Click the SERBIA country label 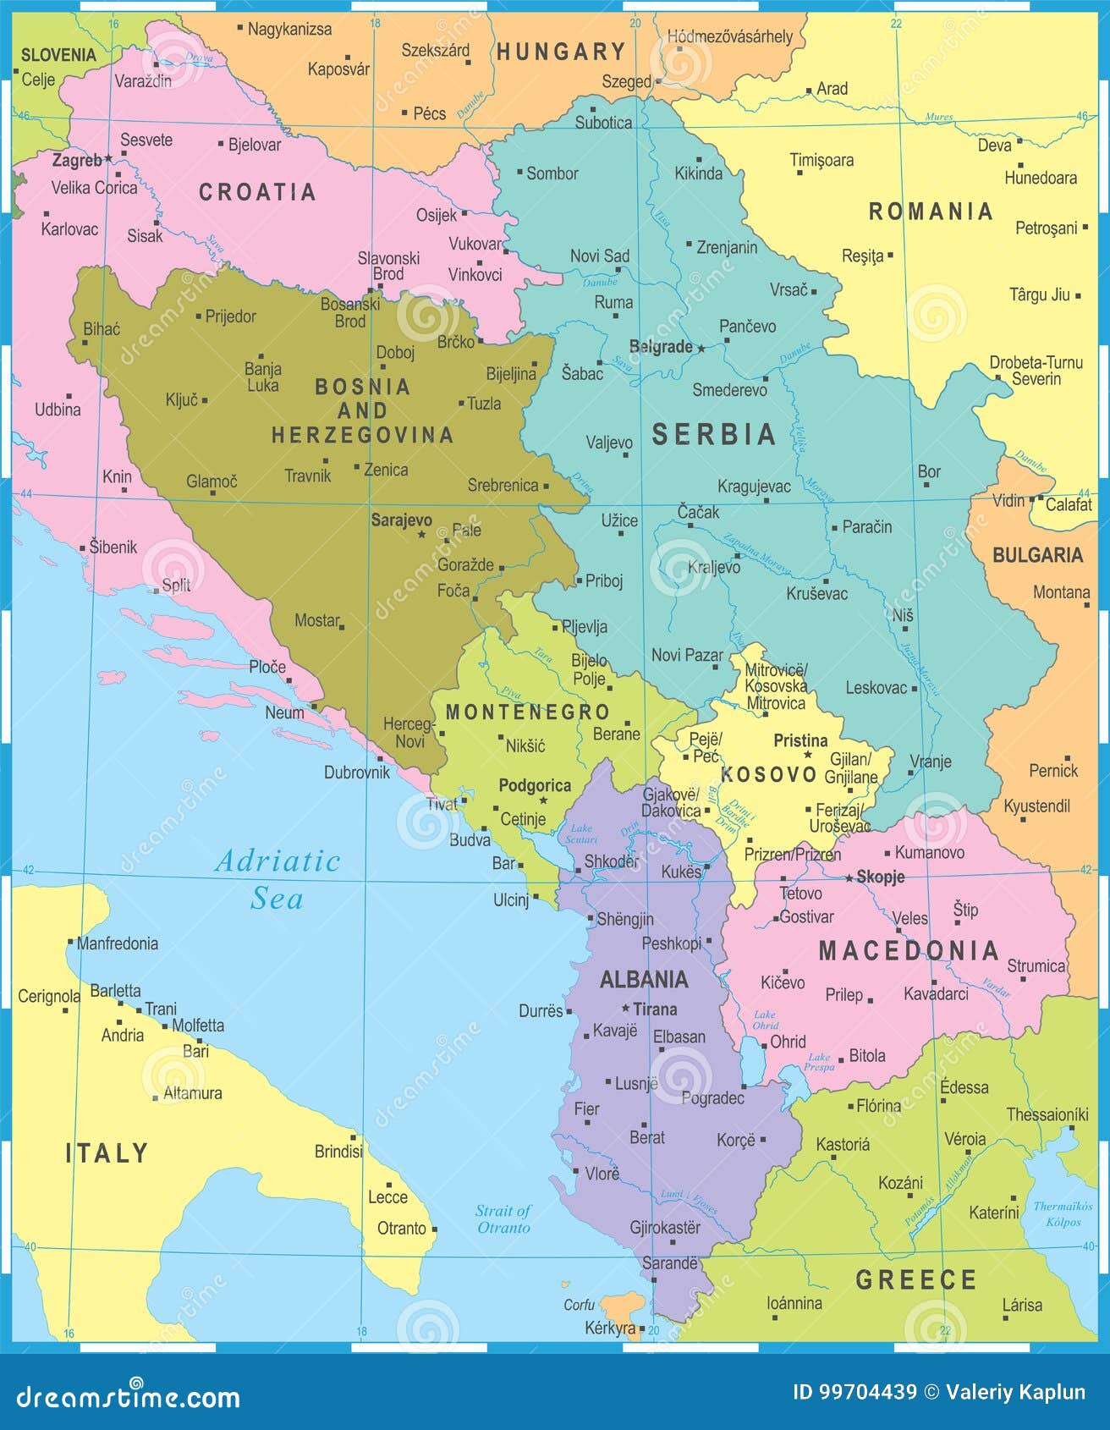click(713, 435)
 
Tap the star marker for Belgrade click(701, 347)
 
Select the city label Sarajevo click(401, 520)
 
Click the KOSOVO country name click(756, 773)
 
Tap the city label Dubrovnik click(357, 772)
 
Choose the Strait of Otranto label click(503, 1218)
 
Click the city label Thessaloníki click(1047, 1114)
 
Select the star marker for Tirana click(625, 1009)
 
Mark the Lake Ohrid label click(764, 1020)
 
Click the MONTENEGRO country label click(527, 712)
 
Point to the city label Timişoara click(822, 160)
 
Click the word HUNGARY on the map click(560, 52)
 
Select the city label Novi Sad click(599, 256)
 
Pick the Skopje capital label click(880, 877)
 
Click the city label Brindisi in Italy click(338, 1151)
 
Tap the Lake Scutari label click(583, 833)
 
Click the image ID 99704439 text click(854, 1392)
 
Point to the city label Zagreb click(77, 160)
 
